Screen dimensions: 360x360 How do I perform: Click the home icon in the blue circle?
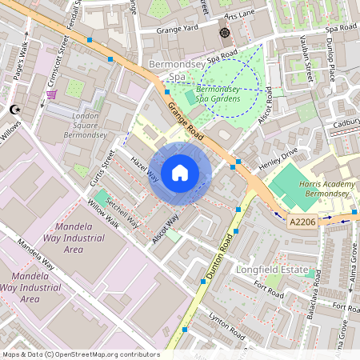point(180,172)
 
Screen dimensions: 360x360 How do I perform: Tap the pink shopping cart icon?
point(52,94)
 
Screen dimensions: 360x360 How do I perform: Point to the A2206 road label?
point(302,222)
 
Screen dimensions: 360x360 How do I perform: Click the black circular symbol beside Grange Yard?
point(224,33)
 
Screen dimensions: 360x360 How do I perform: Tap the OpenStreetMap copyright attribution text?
point(81,354)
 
